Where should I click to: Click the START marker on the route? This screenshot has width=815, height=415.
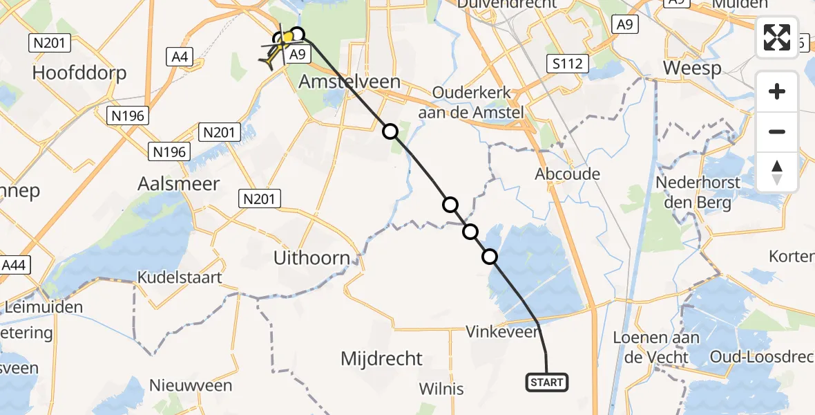click(x=547, y=382)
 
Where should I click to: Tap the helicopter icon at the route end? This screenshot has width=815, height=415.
click(x=275, y=53)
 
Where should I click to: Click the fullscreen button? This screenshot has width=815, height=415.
click(x=777, y=37)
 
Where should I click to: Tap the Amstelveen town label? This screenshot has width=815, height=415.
click(x=349, y=82)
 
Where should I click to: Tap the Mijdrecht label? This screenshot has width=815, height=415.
click(x=381, y=359)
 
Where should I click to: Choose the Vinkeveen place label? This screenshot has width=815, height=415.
click(x=502, y=333)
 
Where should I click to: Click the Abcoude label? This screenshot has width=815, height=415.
click(x=567, y=174)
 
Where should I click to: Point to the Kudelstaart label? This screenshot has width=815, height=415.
click(x=180, y=278)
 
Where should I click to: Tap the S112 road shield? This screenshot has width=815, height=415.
click(x=566, y=64)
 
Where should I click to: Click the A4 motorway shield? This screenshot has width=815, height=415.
click(x=180, y=57)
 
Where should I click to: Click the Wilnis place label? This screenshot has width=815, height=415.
click(x=442, y=389)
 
